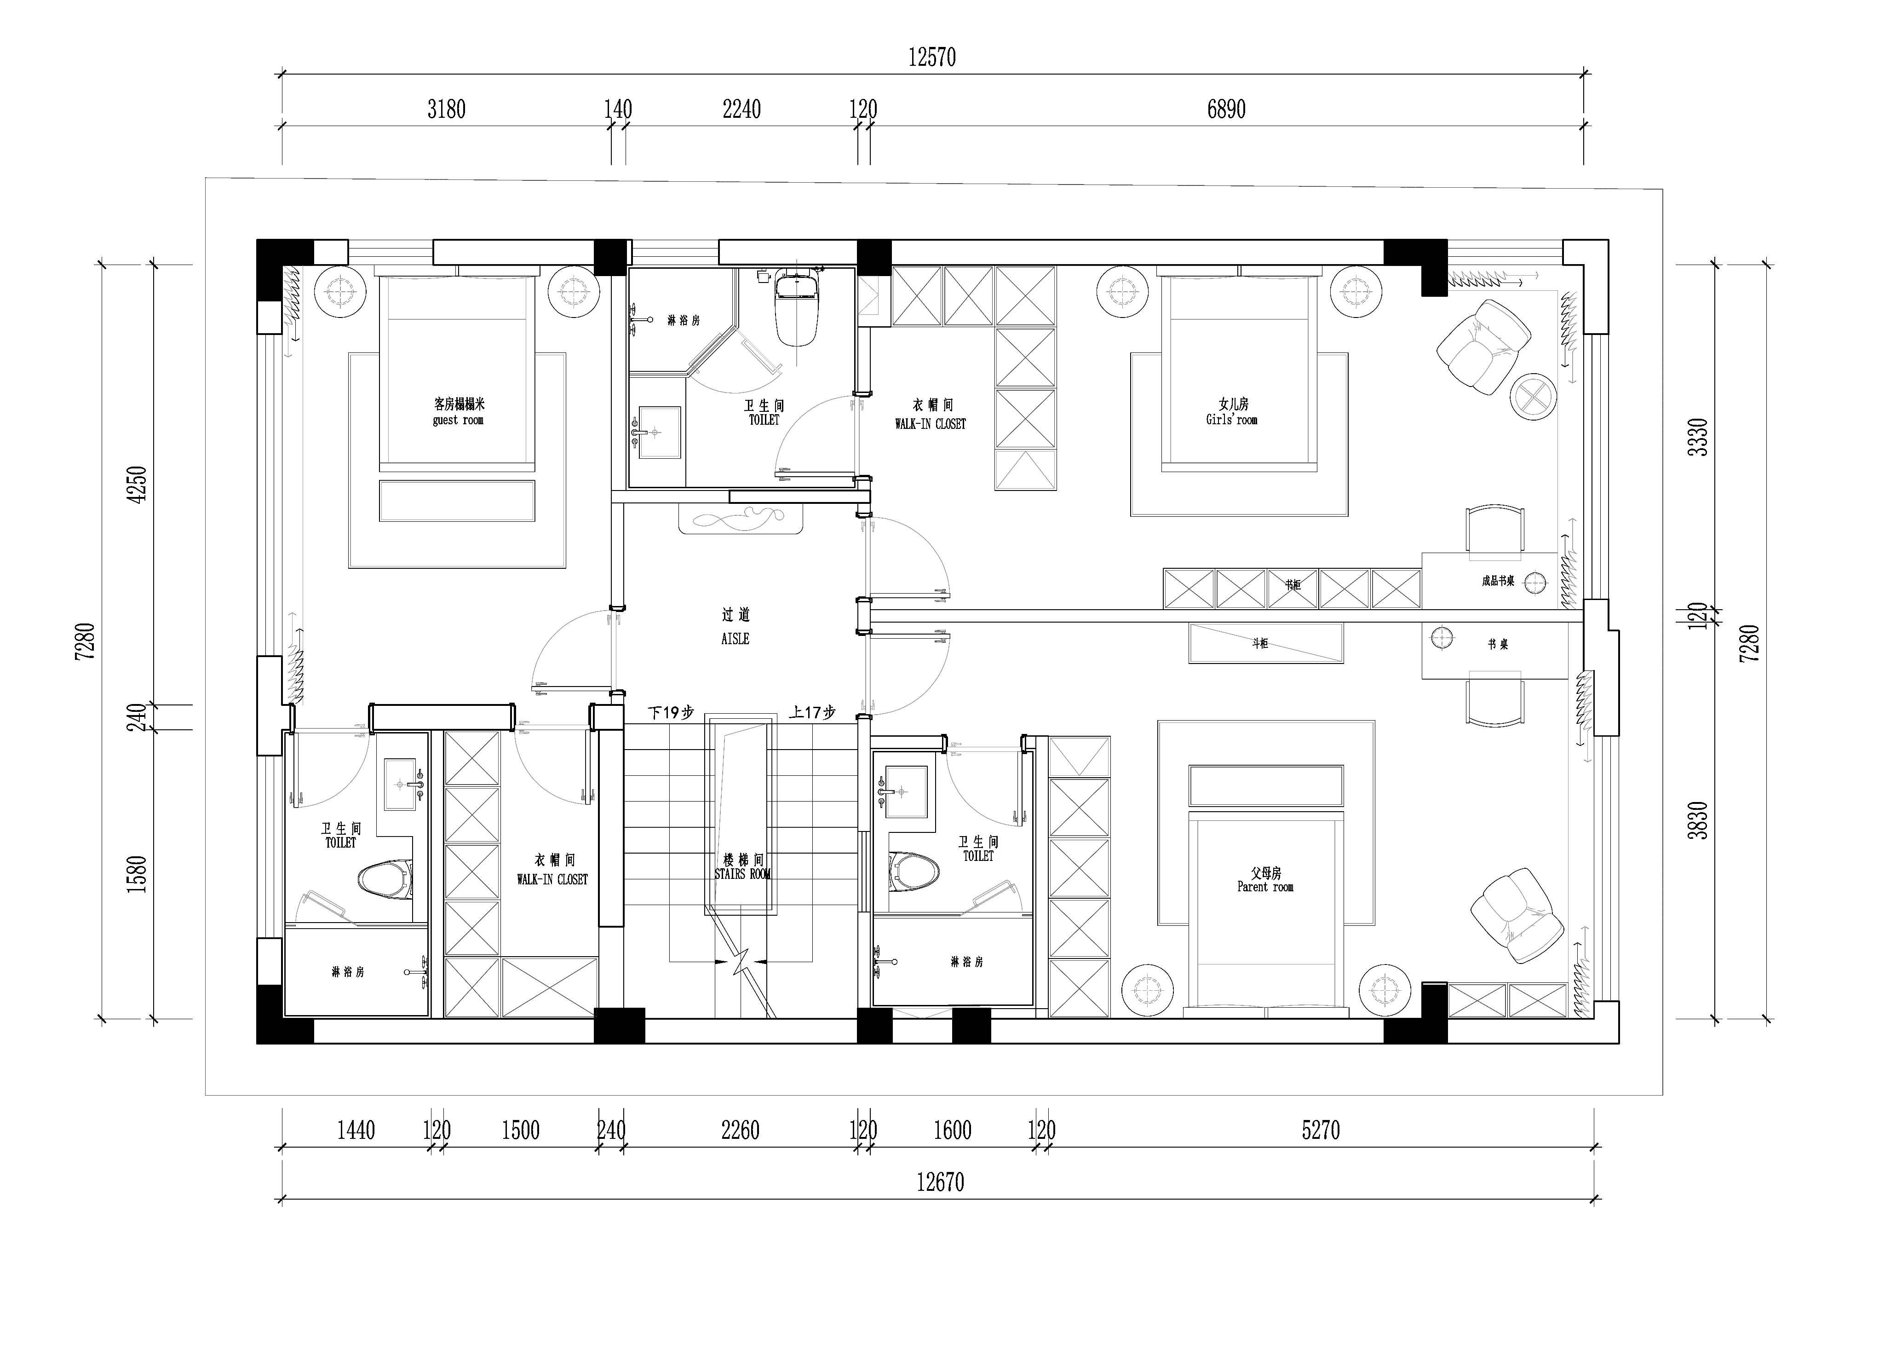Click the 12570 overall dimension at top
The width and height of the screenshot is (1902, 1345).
[x=932, y=57]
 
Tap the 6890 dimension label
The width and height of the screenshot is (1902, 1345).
[x=1226, y=110]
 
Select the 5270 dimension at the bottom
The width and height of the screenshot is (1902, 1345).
[x=1321, y=1131]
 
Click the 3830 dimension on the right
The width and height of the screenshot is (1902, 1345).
[x=1698, y=820]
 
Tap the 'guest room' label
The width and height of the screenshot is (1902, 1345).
[x=458, y=420]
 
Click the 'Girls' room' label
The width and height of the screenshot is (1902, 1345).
[x=1232, y=420]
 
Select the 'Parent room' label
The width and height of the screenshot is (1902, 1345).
[x=1265, y=887]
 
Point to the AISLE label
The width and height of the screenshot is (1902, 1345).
[x=735, y=639]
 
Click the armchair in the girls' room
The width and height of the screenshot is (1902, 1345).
[x=1484, y=346]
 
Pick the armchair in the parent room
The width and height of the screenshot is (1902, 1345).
[x=1517, y=916]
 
